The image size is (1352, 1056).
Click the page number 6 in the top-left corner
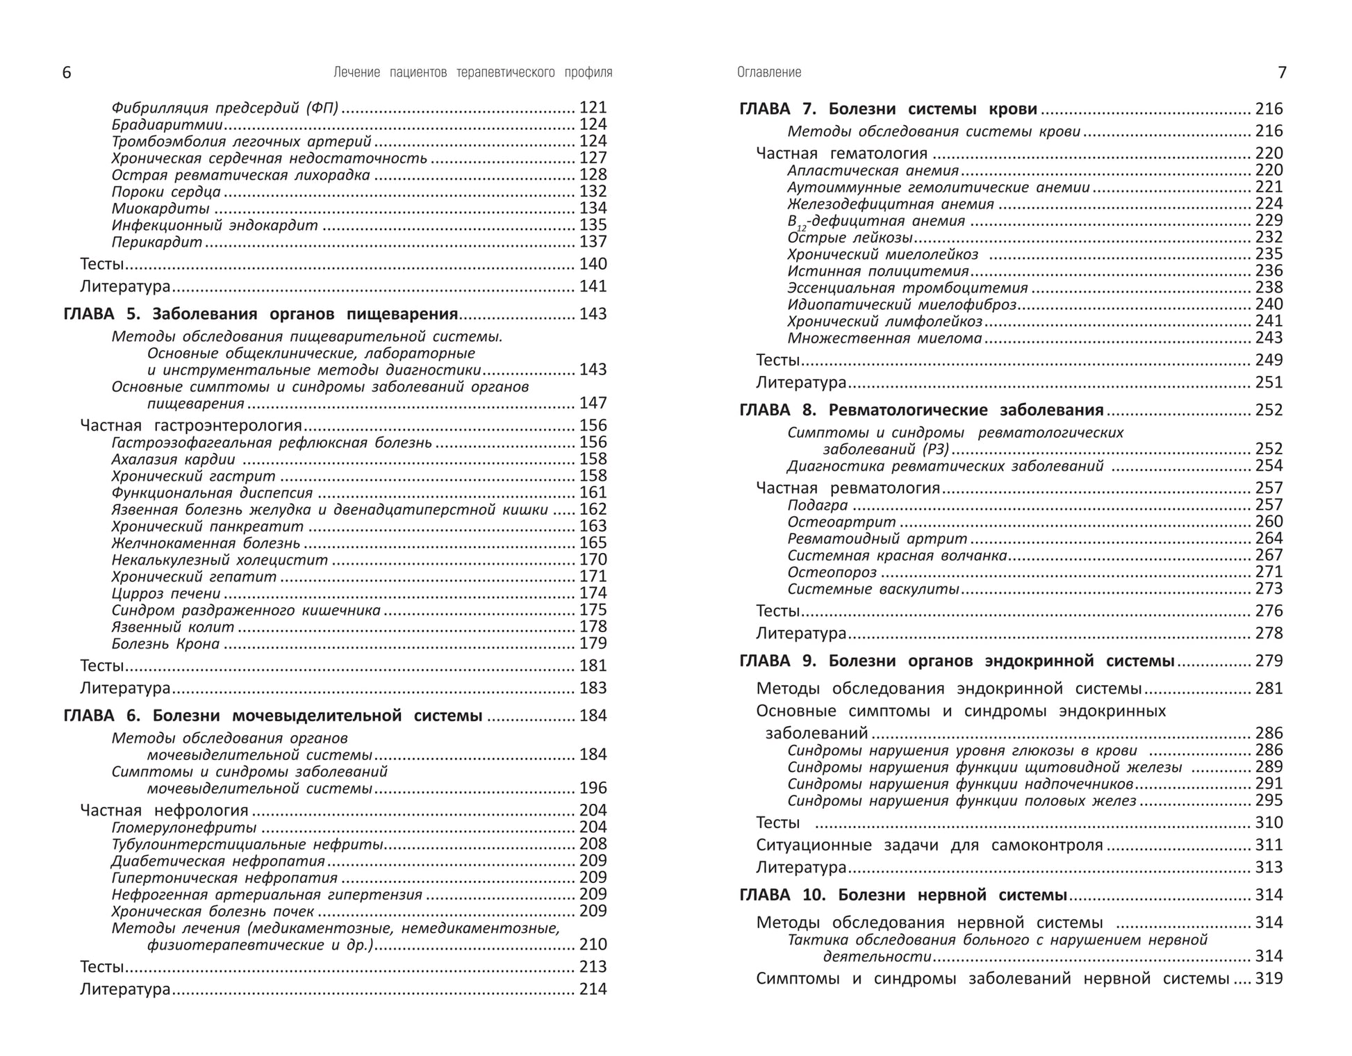[67, 73]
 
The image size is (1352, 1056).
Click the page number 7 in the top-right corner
[1282, 73]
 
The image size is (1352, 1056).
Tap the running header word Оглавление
[769, 72]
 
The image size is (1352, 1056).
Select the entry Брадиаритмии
[167, 125]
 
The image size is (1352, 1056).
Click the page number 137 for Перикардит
[593, 242]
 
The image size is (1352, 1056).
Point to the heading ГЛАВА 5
[101, 314]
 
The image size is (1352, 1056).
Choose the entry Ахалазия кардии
[173, 459]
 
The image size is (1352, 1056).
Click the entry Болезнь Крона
[165, 644]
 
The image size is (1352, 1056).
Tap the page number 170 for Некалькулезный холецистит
[593, 560]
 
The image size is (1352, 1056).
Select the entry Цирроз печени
[166, 593]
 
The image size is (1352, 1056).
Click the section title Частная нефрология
[164, 810]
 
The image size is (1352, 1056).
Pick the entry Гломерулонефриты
[184, 827]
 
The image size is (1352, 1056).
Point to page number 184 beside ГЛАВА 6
[593, 716]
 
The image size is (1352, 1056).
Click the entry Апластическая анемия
[873, 171]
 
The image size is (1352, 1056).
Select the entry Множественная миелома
[884, 338]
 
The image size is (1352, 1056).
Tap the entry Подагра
[818, 506]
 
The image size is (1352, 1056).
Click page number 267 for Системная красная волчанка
[1269, 555]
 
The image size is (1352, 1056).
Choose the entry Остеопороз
[832, 572]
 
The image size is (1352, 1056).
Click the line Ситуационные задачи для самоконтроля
[929, 845]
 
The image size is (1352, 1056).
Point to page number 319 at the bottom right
[1269, 979]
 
